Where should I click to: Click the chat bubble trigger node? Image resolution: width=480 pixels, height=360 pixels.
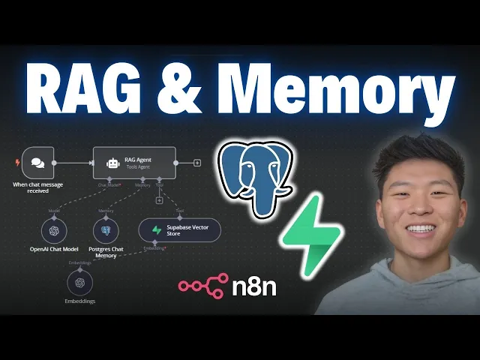coord(37,161)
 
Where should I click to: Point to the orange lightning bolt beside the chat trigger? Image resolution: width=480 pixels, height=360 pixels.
coord(17,161)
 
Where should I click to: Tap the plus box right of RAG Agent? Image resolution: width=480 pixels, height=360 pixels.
coord(197,162)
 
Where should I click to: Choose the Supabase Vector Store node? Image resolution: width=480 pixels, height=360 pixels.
coord(179,230)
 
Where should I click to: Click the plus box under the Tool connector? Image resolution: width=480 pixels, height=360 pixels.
coord(159,200)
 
